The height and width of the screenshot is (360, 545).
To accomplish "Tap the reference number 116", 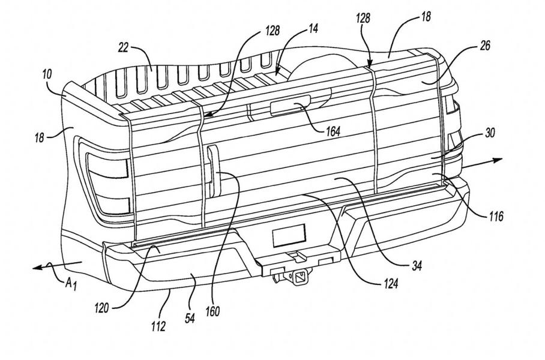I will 496,214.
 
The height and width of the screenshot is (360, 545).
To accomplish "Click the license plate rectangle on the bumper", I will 288,236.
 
